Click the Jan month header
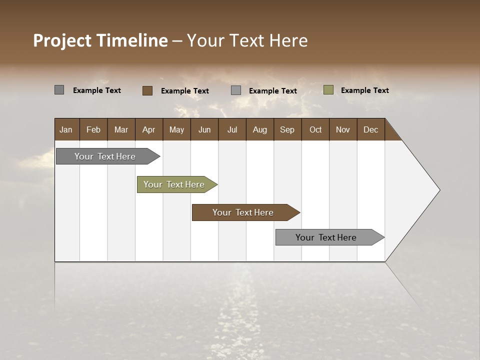click(66, 129)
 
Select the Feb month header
click(93, 129)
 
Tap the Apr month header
click(148, 129)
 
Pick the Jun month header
click(204, 129)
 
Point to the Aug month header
click(259, 129)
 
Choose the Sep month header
click(287, 129)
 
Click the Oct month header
click(315, 129)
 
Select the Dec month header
click(370, 129)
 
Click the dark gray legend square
click(59, 90)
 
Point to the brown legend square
click(147, 90)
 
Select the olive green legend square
click(328, 90)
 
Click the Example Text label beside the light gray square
click(272, 90)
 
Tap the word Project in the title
click(62, 40)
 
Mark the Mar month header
click(121, 129)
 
